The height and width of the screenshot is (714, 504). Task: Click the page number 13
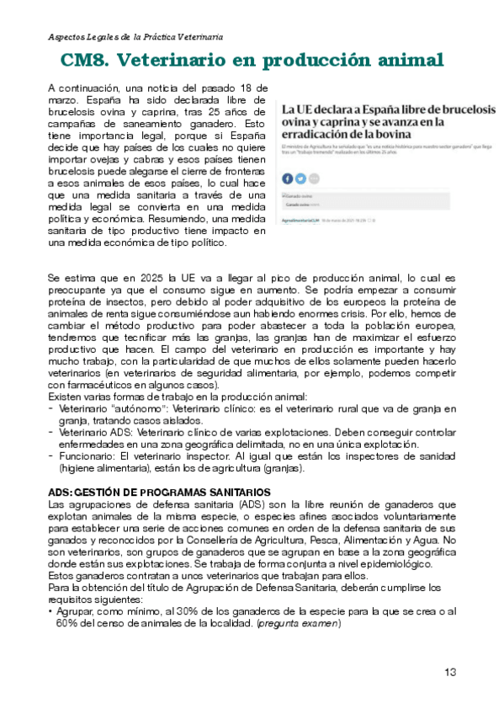point(450,671)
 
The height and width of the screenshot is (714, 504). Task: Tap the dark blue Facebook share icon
point(287,178)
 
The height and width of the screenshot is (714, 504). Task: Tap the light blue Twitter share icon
point(300,178)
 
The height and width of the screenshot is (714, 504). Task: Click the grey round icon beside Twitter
point(314,178)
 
